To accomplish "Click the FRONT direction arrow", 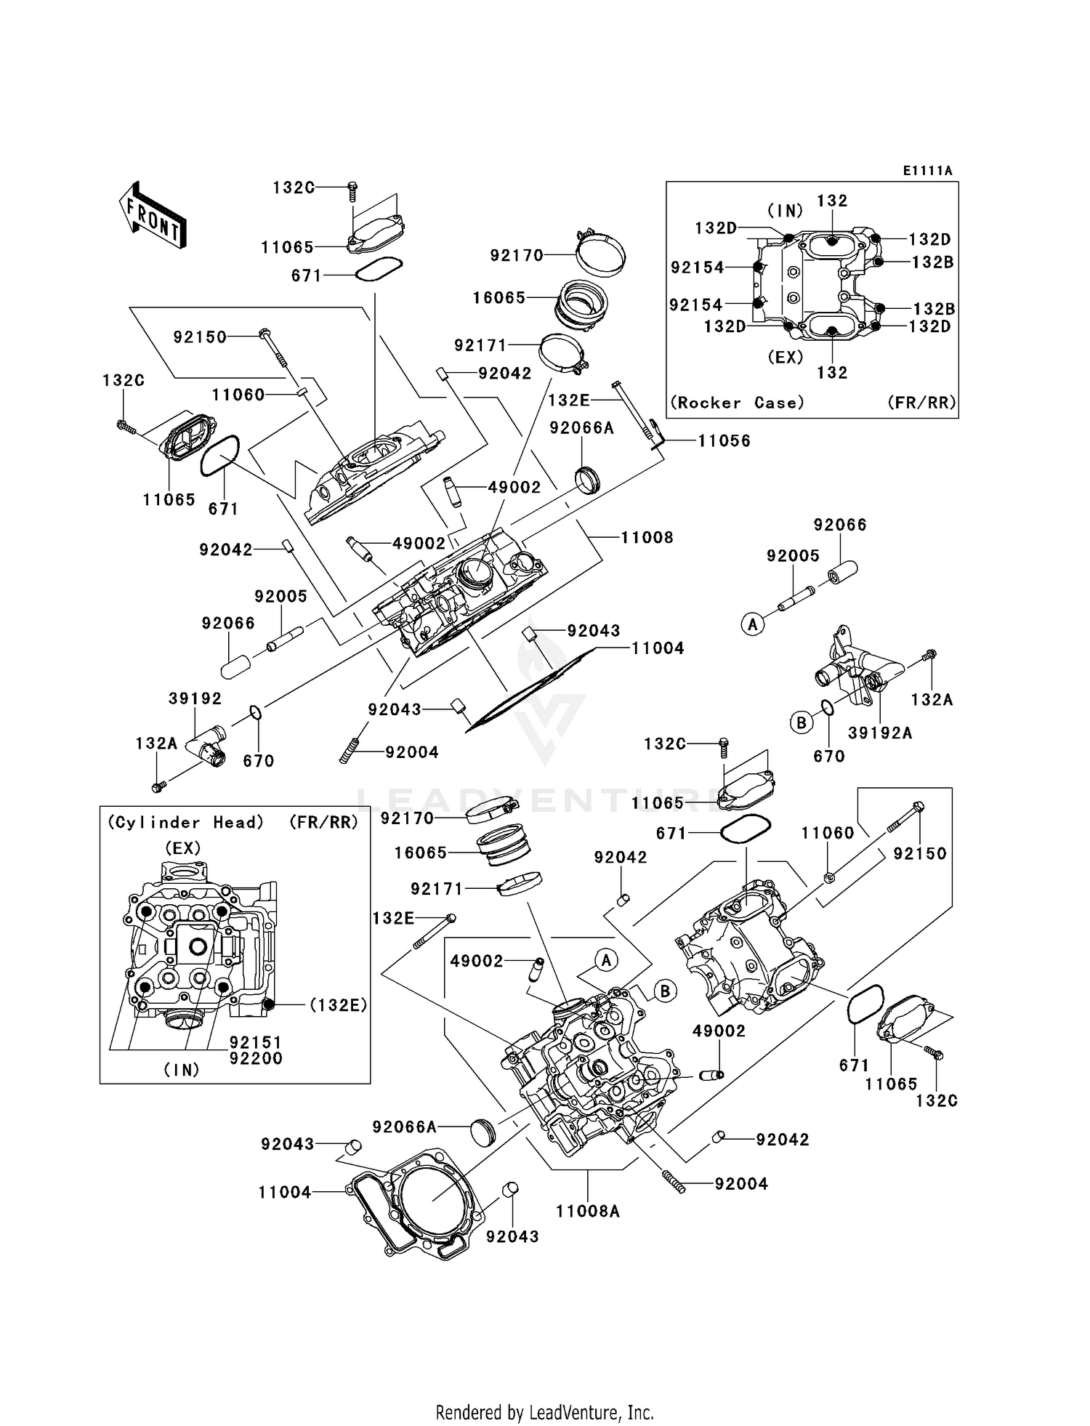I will (x=152, y=216).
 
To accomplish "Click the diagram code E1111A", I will (x=927, y=171).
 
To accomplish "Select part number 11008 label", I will (x=647, y=538).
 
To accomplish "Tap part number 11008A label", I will (x=587, y=1211).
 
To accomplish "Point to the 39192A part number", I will (x=880, y=733).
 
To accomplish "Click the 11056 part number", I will (x=724, y=440).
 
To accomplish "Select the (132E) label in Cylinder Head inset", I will (x=338, y=1004).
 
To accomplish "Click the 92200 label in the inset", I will (x=256, y=1058).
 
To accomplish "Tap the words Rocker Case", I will (x=737, y=403).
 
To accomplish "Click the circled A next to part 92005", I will (x=753, y=624).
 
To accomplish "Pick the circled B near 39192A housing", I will (x=801, y=722).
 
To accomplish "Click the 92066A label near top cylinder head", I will (x=581, y=428).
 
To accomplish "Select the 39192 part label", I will (x=195, y=698).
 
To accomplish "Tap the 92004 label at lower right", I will (x=741, y=1183).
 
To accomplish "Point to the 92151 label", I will (x=256, y=1042).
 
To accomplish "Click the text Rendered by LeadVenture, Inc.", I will (x=544, y=1412).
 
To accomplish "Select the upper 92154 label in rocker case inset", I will (x=698, y=267).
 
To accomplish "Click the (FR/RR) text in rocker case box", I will (x=921, y=403).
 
